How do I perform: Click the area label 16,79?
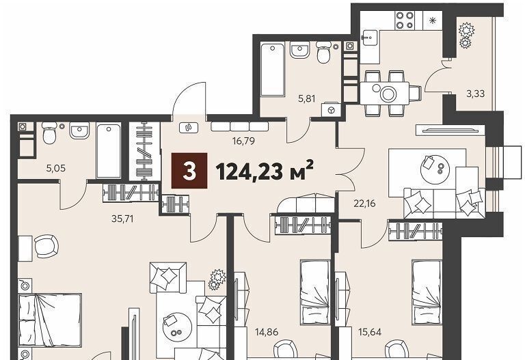[243, 141]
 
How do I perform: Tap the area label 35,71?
[122, 219]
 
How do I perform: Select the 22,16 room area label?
[364, 203]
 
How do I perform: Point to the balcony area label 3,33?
[476, 94]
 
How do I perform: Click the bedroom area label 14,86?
[267, 332]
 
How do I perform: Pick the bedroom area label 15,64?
[370, 332]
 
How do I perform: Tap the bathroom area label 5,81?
[307, 98]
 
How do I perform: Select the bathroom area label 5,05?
[56, 168]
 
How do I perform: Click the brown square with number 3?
[189, 171]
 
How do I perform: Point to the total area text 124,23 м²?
[265, 171]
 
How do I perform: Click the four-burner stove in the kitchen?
[405, 20]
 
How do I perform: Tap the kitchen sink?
[369, 38]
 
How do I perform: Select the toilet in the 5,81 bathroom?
[323, 52]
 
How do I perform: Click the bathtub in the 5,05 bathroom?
[109, 150]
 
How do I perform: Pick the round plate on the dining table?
[388, 94]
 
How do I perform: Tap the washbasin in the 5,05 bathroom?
[79, 130]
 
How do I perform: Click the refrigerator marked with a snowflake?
[433, 20]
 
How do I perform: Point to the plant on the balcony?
[466, 34]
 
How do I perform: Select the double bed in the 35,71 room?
[50, 320]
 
